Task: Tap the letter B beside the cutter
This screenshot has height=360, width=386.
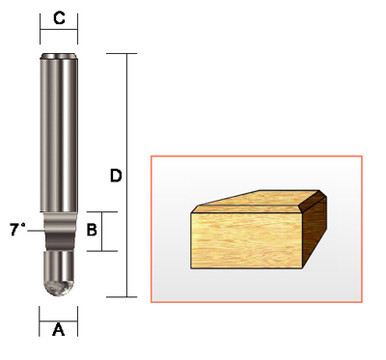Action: (92, 230)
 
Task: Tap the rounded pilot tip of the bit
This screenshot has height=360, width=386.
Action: (58, 281)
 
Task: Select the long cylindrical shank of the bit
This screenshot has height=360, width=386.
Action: (58, 130)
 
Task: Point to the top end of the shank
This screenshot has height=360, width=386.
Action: (58, 56)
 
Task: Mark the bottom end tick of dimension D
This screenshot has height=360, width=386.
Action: (126, 297)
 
